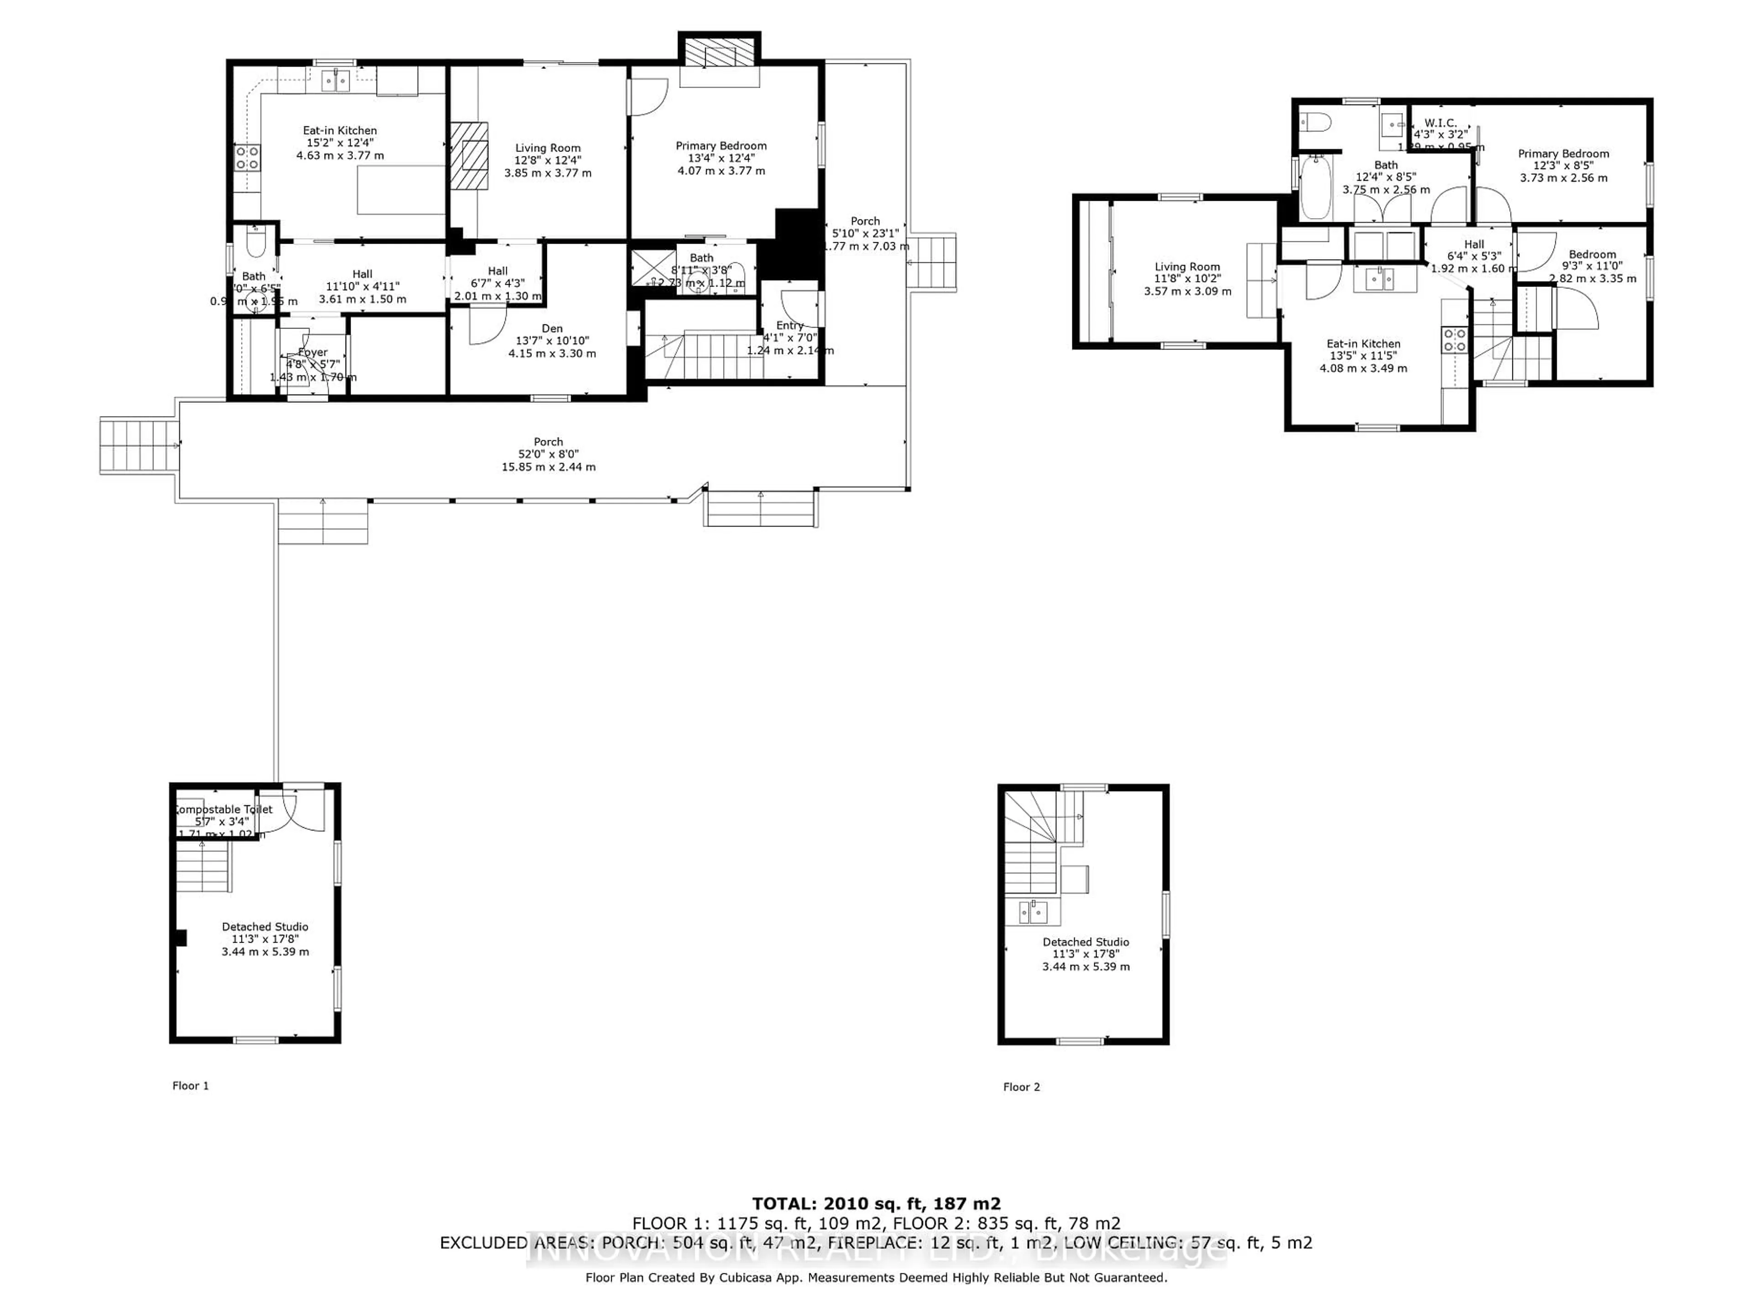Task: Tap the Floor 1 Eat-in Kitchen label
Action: [340, 130]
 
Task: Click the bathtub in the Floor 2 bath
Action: [1316, 187]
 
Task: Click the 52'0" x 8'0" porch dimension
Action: [548, 454]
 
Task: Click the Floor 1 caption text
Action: [190, 1086]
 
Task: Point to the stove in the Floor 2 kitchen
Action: [1455, 340]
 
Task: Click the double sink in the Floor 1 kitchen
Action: [337, 80]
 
